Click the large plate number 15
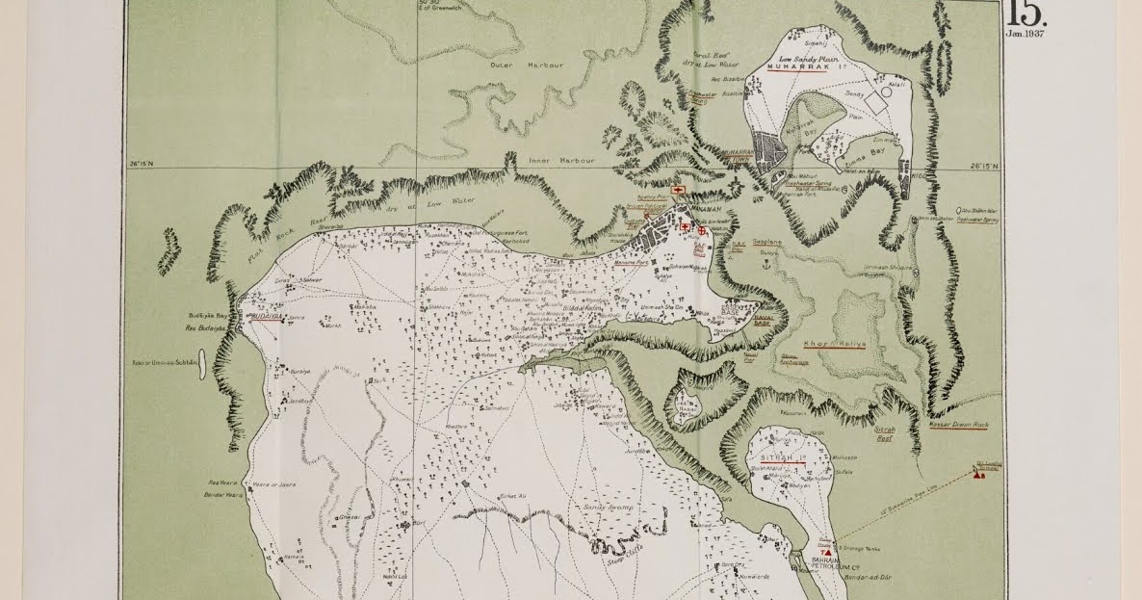(x=1027, y=13)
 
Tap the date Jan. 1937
(x=1027, y=33)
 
